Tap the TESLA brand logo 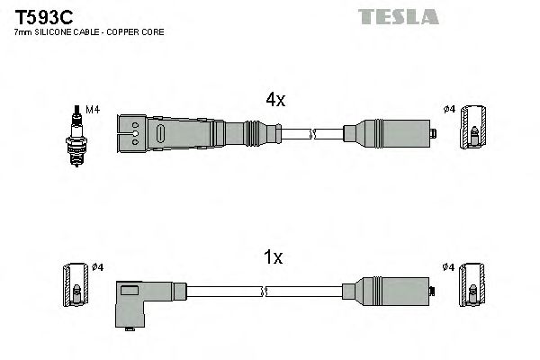click(397, 16)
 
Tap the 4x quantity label click(274, 101)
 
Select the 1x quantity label click(272, 257)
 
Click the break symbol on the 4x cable click(312, 135)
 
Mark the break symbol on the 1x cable click(265, 292)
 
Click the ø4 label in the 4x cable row click(449, 111)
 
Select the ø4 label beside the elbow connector click(98, 267)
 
